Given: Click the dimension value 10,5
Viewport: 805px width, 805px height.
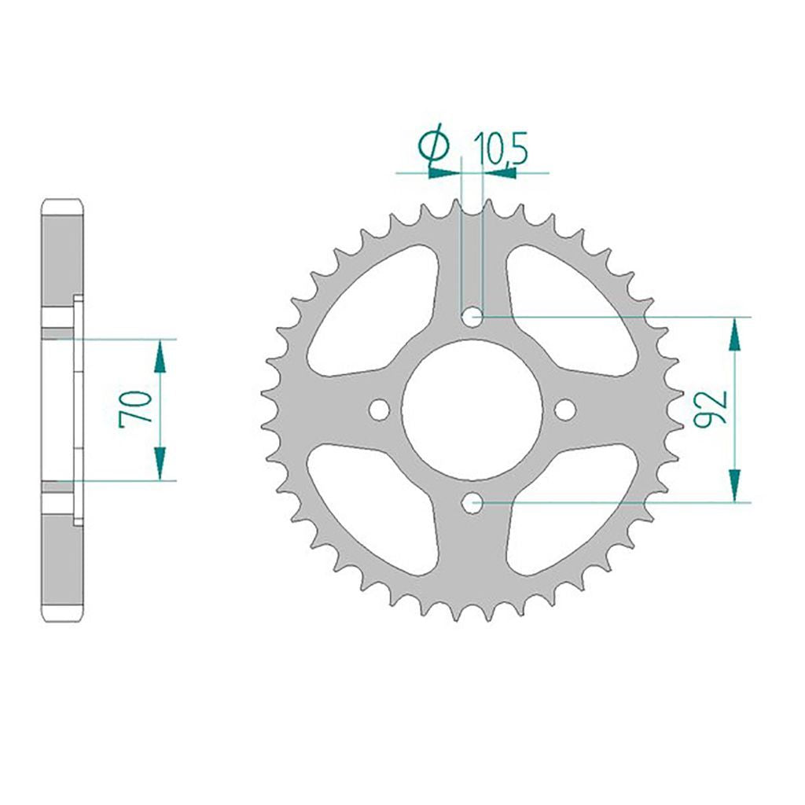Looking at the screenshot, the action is pyautogui.click(x=501, y=149).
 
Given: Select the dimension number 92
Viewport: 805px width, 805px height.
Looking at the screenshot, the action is pyautogui.click(x=710, y=408).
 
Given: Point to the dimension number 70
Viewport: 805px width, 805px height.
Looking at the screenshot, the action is pyautogui.click(x=135, y=409).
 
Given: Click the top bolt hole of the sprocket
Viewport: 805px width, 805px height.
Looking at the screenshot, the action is pyautogui.click(x=472, y=317).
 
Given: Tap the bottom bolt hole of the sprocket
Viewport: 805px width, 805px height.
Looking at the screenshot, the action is pyautogui.click(x=472, y=503).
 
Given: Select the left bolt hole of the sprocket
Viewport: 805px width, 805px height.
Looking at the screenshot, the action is pyautogui.click(x=380, y=410).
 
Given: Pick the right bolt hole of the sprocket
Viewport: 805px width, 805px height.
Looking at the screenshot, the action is pyautogui.click(x=564, y=410).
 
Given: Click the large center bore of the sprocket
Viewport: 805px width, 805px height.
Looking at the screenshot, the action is pyautogui.click(x=472, y=410).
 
